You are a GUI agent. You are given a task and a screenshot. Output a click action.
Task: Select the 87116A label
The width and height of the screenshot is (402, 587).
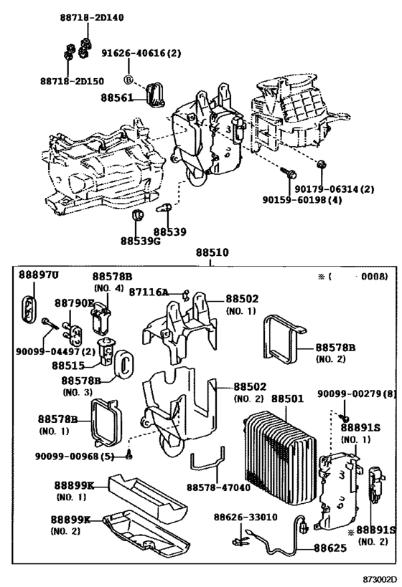[149, 292]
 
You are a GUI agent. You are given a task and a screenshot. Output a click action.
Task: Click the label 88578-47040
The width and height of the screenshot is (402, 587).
[217, 487]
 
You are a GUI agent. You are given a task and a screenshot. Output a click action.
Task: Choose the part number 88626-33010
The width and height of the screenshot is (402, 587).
[244, 516]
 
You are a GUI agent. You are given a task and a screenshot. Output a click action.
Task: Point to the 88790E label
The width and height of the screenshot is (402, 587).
[75, 303]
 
